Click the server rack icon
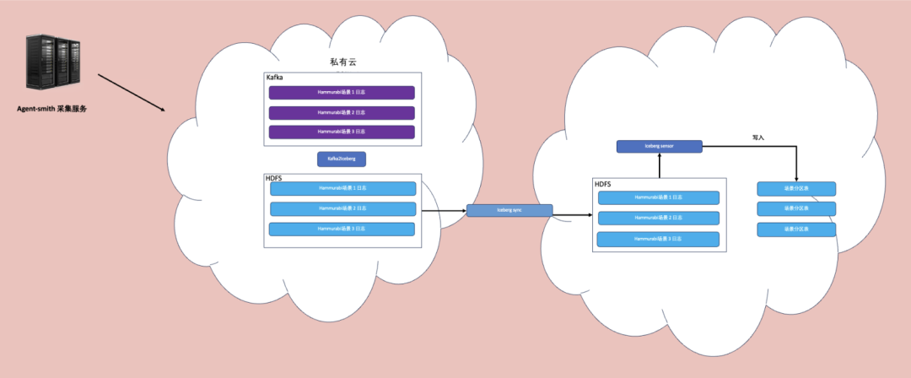coord(52,63)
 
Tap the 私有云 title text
coord(344,62)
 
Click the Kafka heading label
coord(274,78)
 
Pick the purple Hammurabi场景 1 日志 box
coord(342,93)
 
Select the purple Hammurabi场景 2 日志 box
coord(342,112)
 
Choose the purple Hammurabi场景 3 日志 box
coord(342,132)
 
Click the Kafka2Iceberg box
coord(342,158)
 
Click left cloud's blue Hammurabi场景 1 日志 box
coord(342,188)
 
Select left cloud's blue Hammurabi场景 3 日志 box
coord(342,229)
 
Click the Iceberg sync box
coord(509,210)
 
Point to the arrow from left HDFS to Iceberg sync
coord(444,210)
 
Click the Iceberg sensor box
coord(660,146)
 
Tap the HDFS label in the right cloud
coord(603,184)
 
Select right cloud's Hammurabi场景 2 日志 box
coord(659,218)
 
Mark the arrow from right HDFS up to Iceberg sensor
coord(660,165)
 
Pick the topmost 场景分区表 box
coord(796,188)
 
